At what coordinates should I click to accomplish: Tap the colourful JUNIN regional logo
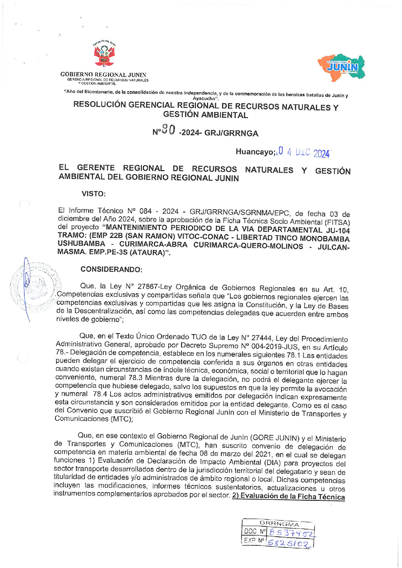(341, 67)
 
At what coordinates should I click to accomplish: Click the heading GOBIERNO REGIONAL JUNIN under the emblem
(103, 75)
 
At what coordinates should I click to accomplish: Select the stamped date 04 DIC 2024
(304, 153)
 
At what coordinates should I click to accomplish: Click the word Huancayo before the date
(255, 152)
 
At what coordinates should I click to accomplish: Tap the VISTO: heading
(94, 194)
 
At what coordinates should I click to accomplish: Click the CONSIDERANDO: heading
(111, 269)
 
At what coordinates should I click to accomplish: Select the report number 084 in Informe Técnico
(146, 211)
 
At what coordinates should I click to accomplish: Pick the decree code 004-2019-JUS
(271, 347)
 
